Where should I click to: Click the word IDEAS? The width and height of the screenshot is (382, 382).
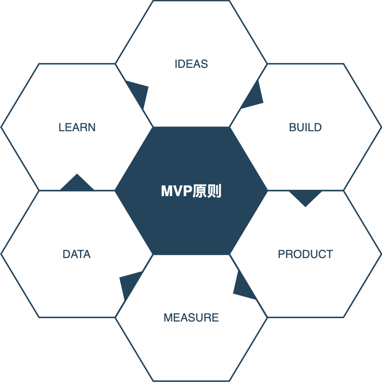191,64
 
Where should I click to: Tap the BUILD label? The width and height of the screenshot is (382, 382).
305,127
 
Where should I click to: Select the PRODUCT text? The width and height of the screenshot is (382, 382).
305,254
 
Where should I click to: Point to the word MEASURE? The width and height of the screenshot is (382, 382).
191,318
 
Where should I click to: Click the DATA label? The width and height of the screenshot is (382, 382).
77,254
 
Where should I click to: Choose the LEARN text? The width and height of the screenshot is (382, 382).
77,127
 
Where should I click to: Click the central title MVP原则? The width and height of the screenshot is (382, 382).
191,191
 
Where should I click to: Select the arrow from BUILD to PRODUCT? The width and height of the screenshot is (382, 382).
305,197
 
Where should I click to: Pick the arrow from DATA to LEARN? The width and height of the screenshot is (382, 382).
77,183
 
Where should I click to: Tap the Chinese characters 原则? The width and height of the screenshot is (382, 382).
207,191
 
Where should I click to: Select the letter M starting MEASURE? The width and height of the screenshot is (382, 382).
167,318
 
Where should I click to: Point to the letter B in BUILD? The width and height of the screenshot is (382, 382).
292,127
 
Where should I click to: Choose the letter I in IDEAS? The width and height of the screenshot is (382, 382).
176,64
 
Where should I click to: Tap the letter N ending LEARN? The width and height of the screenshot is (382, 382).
92,127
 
